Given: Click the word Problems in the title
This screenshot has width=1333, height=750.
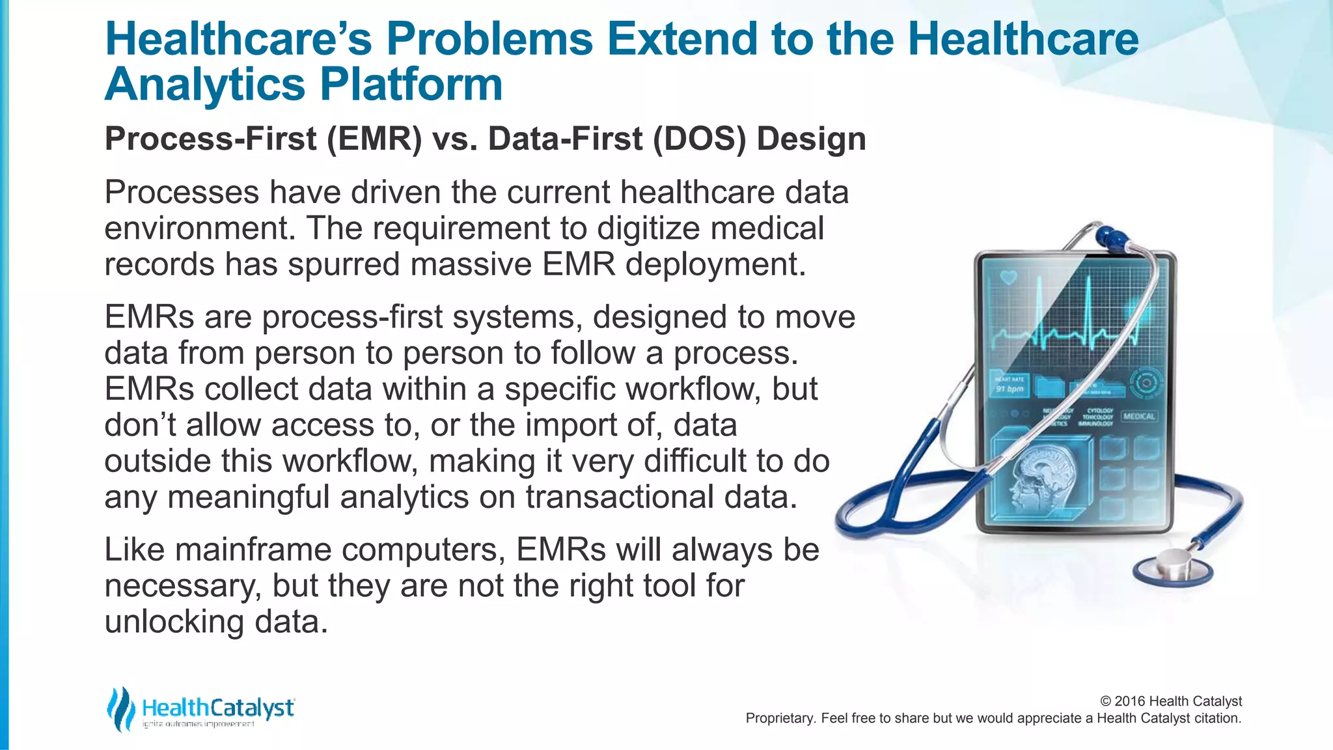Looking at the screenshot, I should [489, 39].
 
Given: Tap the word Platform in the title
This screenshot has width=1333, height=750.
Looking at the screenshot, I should [411, 85].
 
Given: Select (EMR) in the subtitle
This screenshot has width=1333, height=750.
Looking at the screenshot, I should [374, 139].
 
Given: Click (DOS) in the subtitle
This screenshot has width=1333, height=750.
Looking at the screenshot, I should [700, 139].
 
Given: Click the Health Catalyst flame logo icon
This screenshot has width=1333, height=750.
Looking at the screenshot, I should [121, 708].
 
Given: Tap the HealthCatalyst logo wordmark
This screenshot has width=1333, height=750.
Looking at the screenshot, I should [218, 708].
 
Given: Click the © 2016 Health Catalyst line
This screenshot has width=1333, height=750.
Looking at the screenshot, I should [1170, 701].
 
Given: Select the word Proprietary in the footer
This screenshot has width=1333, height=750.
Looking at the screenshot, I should [778, 718].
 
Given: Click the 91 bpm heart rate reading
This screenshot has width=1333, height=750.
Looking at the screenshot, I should [1010, 389].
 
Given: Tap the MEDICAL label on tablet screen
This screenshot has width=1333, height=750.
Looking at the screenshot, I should [1138, 416].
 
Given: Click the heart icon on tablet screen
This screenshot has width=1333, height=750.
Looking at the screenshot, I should [1008, 278].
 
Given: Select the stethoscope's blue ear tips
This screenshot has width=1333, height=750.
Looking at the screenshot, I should [1112, 237].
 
